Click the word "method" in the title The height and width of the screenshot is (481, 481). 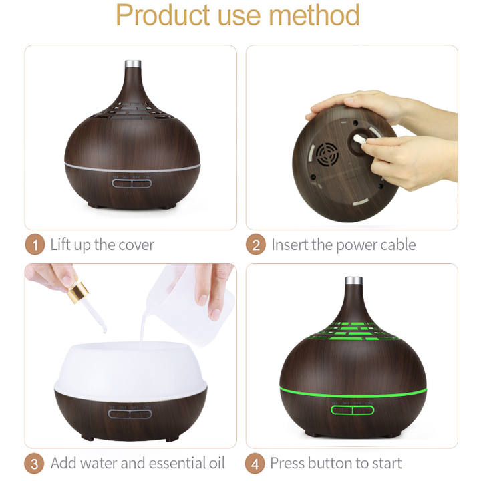[x=314, y=15]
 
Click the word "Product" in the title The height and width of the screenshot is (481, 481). [x=163, y=15]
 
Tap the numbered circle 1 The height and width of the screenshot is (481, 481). [x=35, y=245]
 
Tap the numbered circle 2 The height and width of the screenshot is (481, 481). [x=255, y=245]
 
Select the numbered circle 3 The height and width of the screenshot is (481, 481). [x=34, y=463]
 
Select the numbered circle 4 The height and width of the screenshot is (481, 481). [x=255, y=463]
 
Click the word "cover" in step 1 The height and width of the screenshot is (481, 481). [x=136, y=245]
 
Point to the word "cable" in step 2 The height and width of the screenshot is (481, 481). [x=398, y=245]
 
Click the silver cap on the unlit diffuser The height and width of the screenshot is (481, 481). [x=133, y=64]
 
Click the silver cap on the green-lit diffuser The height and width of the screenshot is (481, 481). [x=353, y=281]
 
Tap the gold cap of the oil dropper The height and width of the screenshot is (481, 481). [x=78, y=292]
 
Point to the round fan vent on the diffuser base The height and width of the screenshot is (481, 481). [x=327, y=154]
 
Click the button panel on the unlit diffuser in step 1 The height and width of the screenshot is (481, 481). [x=132, y=184]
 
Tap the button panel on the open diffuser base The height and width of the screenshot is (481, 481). [x=130, y=414]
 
